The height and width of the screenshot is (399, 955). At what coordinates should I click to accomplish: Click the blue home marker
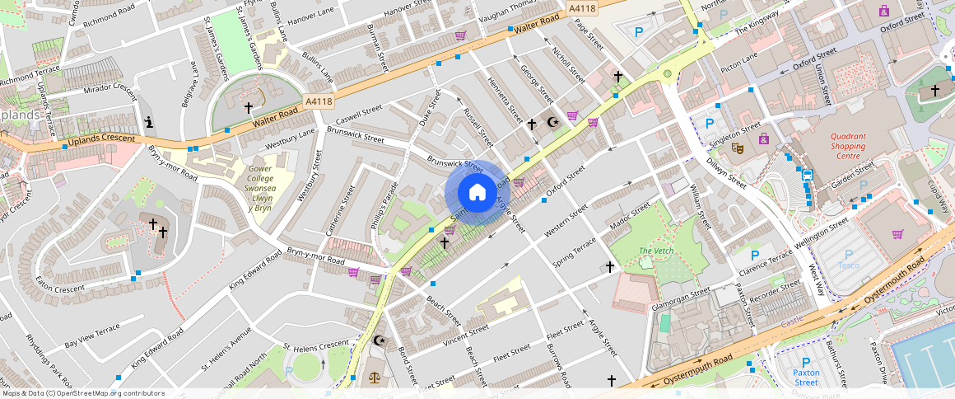(477, 193)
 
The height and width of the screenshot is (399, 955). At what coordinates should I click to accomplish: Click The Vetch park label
(656, 251)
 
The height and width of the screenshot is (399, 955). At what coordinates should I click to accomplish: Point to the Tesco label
(848, 265)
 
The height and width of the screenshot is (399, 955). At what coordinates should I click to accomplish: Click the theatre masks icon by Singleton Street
(738, 147)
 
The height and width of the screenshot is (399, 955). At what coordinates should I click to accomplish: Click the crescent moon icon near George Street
(553, 123)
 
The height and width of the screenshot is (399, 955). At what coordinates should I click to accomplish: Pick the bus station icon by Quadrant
(807, 175)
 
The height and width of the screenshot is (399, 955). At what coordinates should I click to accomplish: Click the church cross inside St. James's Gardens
(249, 107)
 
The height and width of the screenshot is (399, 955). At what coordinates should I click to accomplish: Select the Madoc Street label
(631, 216)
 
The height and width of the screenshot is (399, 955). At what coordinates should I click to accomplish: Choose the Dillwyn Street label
(725, 174)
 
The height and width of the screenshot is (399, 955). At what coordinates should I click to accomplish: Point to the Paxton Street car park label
(805, 378)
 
